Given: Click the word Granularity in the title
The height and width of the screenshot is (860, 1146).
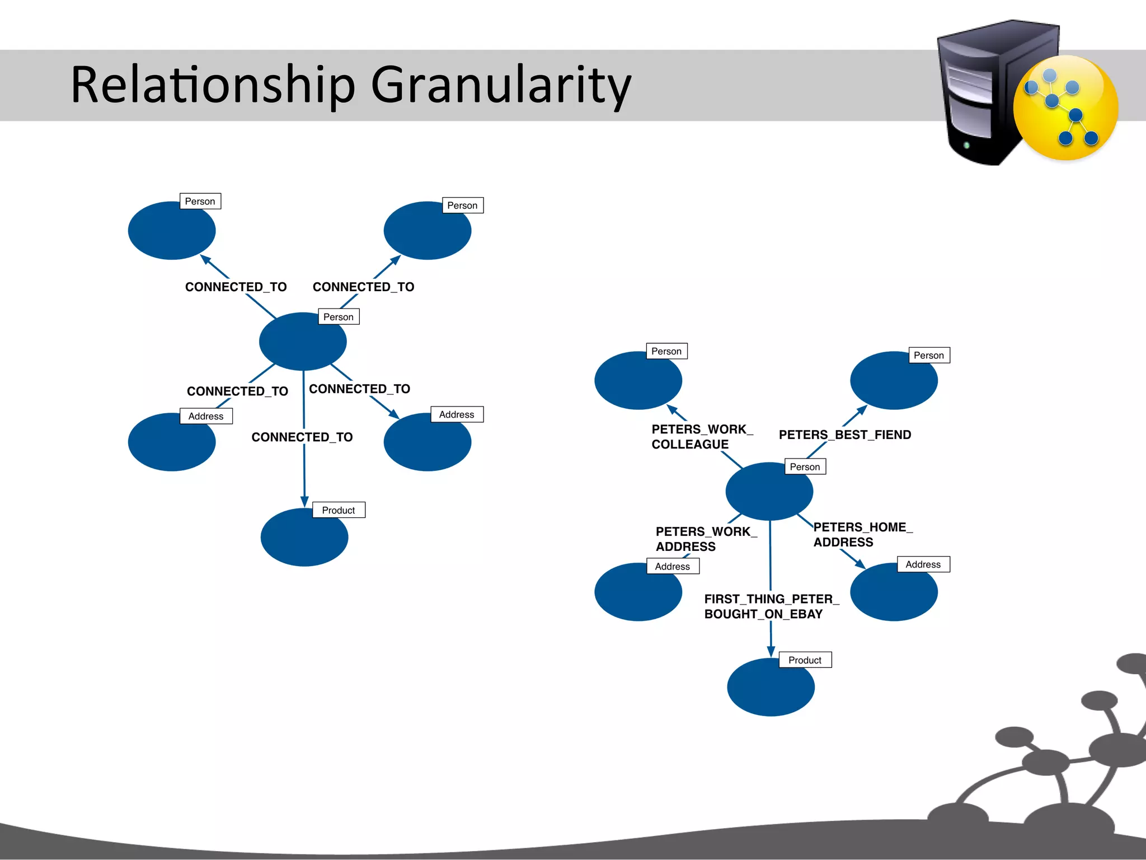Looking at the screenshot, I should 501,85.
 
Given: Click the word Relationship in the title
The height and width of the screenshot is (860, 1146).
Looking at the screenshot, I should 213,85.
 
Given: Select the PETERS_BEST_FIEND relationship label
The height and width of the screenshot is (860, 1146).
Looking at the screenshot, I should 844,434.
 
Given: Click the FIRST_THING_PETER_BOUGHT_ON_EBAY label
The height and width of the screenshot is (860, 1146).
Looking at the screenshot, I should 771,606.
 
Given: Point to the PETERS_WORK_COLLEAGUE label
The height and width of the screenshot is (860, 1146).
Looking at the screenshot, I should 701,437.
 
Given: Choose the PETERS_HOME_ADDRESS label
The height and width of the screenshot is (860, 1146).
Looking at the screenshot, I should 862,534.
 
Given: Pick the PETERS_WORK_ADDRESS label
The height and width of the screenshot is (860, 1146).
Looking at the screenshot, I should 705,539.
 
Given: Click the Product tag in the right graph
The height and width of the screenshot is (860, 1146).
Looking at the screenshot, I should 805,660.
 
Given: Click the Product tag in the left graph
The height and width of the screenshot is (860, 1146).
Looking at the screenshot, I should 338,510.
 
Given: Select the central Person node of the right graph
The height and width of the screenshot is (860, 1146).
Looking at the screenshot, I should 768,493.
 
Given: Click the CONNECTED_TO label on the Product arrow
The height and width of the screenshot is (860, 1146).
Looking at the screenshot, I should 302,437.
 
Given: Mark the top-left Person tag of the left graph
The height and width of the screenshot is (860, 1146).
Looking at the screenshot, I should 200,201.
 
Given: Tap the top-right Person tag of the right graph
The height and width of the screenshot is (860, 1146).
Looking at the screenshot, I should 928,355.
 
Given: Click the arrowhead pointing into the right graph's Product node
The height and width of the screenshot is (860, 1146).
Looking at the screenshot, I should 771,651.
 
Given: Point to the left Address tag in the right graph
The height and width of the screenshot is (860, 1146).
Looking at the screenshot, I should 672,566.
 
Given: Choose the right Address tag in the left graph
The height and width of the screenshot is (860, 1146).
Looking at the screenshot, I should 456,414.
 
